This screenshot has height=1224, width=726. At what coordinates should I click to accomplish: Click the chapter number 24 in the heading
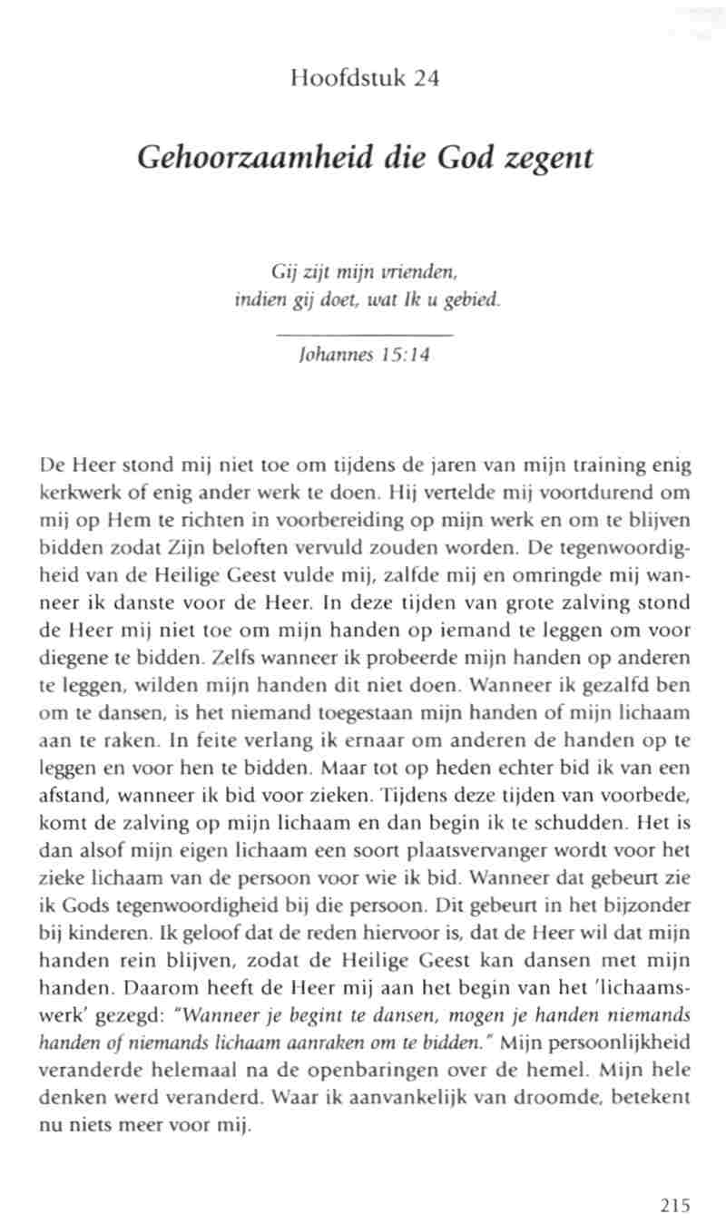(427, 79)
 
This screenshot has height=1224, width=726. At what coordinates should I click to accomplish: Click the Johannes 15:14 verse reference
(363, 355)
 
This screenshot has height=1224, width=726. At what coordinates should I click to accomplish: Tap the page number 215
(675, 1205)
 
